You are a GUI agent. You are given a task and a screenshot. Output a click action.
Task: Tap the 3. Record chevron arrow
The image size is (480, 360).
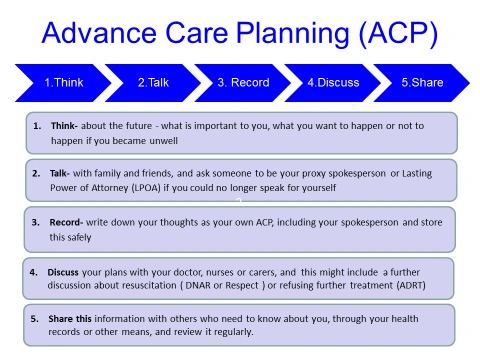tap(242, 83)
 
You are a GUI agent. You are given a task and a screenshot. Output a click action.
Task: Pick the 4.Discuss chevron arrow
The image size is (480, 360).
tap(332, 83)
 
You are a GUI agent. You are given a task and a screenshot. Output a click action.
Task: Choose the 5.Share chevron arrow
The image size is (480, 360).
tap(421, 83)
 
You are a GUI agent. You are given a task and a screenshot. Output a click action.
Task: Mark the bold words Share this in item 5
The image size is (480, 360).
tap(73, 318)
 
